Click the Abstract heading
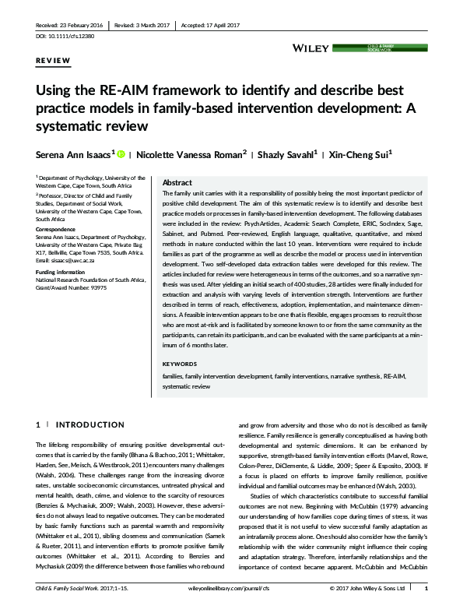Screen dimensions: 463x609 pyautogui.click(x=177, y=182)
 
